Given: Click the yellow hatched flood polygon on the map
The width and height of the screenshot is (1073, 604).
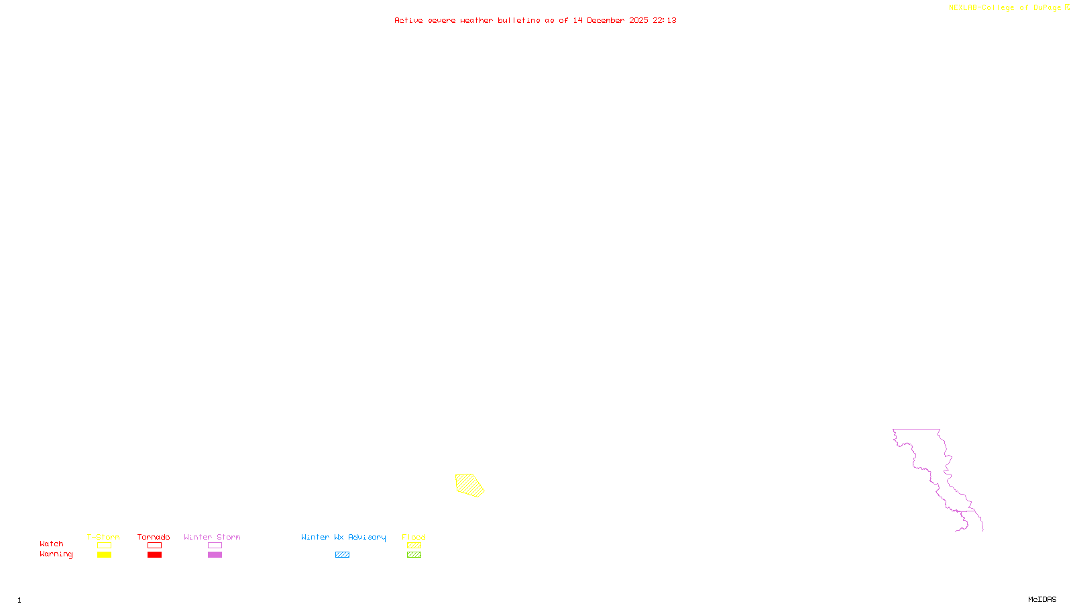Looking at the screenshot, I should pos(469,485).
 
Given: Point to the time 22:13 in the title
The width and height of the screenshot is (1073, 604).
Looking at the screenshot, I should pos(665,20).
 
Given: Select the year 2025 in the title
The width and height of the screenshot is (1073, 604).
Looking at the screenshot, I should pos(638,20).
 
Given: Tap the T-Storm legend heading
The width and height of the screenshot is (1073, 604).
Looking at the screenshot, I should pos(103,537).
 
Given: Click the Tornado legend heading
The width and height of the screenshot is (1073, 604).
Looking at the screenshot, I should pos(154,537).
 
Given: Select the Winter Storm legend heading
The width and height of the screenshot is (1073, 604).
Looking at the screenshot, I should pos(212,537).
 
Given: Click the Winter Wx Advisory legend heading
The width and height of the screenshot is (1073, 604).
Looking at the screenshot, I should pos(343,537).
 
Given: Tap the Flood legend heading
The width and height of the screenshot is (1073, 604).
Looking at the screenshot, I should pos(414,537).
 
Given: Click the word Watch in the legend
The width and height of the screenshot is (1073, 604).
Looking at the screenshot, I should pos(52,544).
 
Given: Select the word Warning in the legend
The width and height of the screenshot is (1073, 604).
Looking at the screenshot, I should pos(56,554).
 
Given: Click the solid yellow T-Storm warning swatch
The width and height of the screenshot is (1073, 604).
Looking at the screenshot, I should pos(104,555).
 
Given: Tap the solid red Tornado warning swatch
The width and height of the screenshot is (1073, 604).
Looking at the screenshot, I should pos(154,555).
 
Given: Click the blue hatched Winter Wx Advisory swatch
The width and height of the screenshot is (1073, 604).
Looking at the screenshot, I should pos(342,555).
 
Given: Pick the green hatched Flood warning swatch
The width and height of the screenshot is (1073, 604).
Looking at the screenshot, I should pos(414,555).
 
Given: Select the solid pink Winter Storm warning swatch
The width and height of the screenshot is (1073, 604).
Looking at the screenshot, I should pos(215,555).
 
